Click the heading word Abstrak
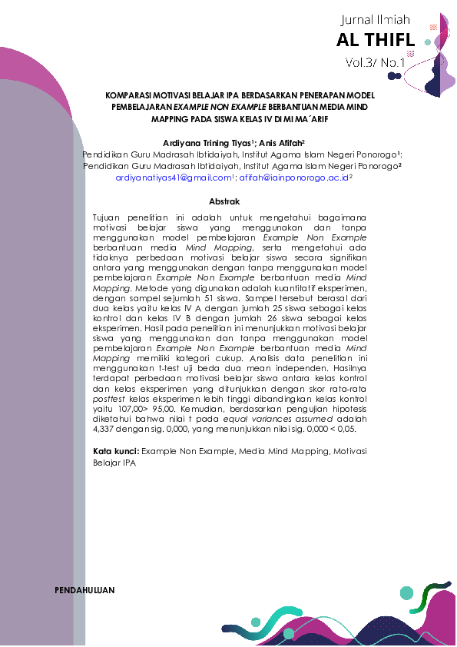click(x=225, y=201)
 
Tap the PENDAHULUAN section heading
click(x=85, y=590)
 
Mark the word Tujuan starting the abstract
click(x=108, y=219)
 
